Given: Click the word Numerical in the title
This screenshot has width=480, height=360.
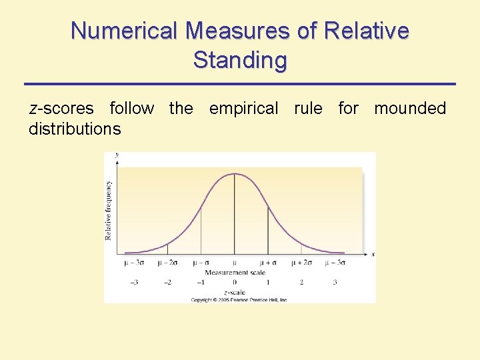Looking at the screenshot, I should [x=126, y=31].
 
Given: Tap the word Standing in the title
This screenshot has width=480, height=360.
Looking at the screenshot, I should [x=240, y=60].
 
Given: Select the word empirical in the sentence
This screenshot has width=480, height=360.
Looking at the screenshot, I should [x=243, y=108].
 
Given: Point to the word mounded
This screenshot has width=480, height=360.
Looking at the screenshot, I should [x=410, y=108].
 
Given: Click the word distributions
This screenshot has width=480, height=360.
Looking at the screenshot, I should [x=75, y=129].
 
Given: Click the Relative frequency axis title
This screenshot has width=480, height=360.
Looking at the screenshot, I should [x=109, y=209].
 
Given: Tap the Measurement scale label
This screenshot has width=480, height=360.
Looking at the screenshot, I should [x=235, y=272].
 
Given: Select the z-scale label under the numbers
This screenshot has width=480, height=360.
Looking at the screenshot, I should [x=235, y=292].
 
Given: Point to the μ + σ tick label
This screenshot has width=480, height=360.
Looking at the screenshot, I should [x=268, y=263].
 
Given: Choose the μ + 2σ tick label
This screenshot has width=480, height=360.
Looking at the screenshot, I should [x=301, y=263].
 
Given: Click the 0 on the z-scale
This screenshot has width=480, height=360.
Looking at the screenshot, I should [x=235, y=283].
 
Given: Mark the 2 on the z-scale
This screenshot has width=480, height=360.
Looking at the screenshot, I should [x=301, y=283].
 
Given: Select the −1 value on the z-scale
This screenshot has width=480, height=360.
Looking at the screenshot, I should [x=201, y=283].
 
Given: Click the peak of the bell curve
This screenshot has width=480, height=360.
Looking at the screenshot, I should [x=235, y=174].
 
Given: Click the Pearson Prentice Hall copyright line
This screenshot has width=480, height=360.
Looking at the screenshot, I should [x=239, y=300].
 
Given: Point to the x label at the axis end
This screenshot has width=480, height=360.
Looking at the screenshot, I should [x=373, y=254].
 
